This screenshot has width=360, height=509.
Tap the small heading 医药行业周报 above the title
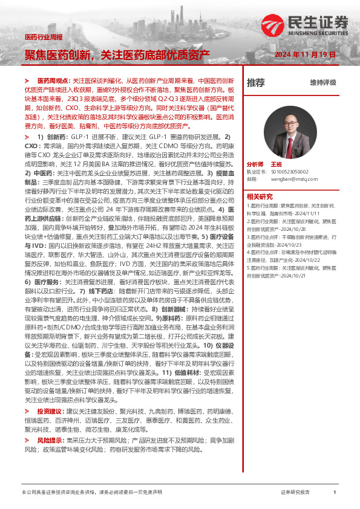tap(43, 37)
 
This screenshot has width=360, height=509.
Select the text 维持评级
tap(322, 83)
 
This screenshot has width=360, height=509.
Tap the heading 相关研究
tap(260, 196)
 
